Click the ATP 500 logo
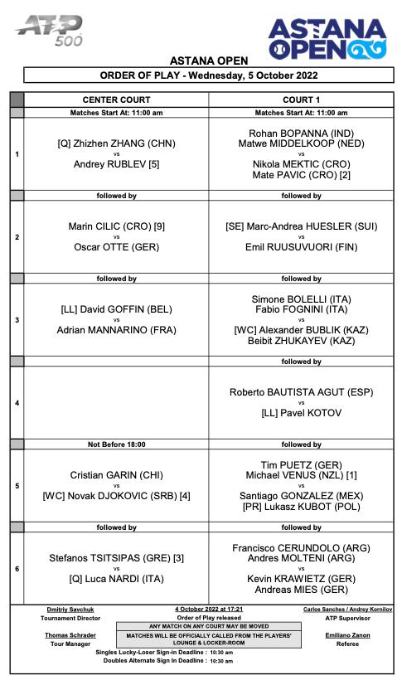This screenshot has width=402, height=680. tap(49, 30)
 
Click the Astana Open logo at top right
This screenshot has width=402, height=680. tap(327, 37)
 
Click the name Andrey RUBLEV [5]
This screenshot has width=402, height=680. tap(116, 164)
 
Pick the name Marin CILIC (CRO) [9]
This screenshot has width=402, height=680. tap(116, 226)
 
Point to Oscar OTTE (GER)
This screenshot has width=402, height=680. tap(116, 247)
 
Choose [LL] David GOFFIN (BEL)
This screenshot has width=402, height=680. tap(116, 309)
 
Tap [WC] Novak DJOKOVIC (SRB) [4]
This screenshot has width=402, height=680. tap(116, 496)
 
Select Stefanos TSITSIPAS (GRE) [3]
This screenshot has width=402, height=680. tap(116, 558)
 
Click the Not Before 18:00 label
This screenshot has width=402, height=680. tap(116, 444)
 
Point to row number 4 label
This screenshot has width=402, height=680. tap(17, 402)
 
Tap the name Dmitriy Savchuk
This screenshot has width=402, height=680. tap(71, 609)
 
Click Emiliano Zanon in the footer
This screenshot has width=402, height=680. tap(341, 635)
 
